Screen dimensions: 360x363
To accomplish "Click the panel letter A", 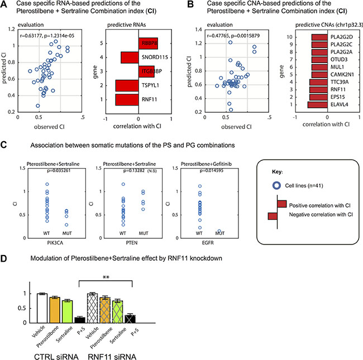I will click(x=5, y=5).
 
